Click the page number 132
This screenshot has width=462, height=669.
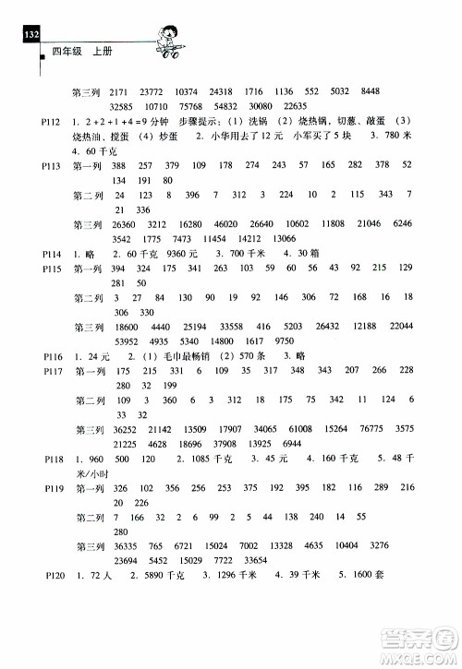[30, 34]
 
